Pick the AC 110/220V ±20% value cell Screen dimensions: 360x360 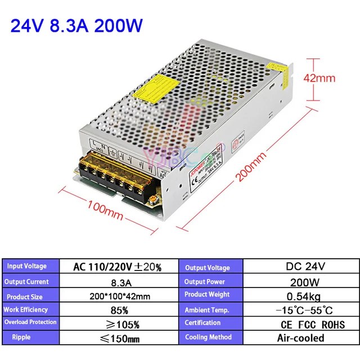click(x=117, y=267)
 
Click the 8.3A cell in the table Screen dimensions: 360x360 click(x=117, y=282)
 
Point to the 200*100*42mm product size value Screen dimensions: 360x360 click(x=117, y=296)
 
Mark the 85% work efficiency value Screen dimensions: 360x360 click(x=117, y=310)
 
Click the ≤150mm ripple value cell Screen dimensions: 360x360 click(x=117, y=339)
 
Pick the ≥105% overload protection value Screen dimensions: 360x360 click(x=117, y=325)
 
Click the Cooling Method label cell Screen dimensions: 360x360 click(x=208, y=337)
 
